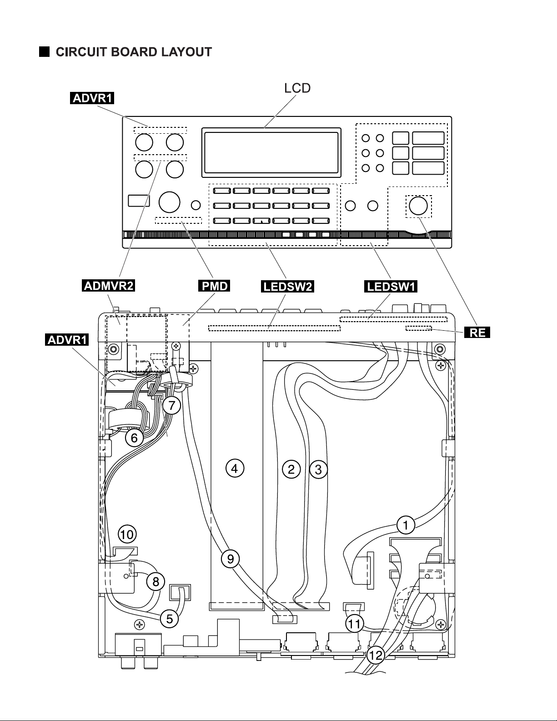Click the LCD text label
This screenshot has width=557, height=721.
tap(297, 88)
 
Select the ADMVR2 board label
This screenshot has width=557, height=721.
tap(108, 286)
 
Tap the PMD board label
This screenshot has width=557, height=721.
tap(214, 286)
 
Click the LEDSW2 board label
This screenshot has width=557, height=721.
tap(287, 286)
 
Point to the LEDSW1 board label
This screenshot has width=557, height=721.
tap(391, 286)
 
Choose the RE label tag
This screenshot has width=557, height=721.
tap(477, 332)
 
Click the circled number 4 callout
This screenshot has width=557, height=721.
tap(235, 469)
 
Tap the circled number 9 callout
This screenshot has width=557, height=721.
tap(231, 559)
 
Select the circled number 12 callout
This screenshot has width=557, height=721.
tap(376, 655)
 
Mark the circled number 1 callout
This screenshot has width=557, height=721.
tap(406, 525)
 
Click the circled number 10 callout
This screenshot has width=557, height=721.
tap(127, 534)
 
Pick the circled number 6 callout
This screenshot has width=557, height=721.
tap(134, 438)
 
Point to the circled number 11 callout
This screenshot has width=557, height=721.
tap(354, 624)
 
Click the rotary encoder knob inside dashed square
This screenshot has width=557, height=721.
tap(418, 206)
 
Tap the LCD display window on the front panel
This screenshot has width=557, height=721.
tap(271, 152)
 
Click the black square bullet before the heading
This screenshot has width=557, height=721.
tap(44, 52)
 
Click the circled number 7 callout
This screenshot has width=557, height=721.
tap(171, 405)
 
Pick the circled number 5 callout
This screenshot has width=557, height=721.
tap(170, 619)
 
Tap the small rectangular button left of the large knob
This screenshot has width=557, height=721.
tap(139, 201)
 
